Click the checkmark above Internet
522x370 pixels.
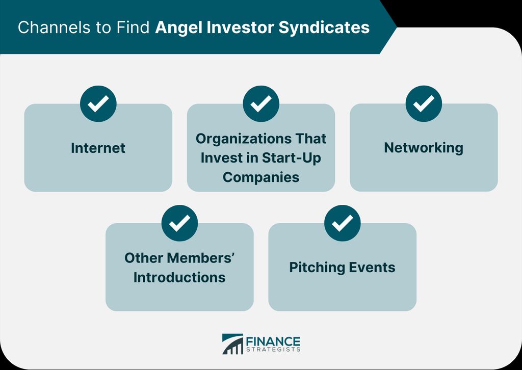click(x=98, y=103)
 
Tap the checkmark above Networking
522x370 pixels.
click(x=424, y=103)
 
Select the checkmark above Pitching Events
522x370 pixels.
click(x=342, y=223)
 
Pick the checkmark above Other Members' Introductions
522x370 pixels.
click(x=179, y=223)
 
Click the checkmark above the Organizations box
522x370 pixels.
click(x=261, y=103)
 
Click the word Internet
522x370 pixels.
click(x=98, y=148)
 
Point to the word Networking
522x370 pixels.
click(x=424, y=148)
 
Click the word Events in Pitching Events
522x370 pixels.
click(x=369, y=268)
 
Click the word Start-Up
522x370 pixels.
click(x=291, y=157)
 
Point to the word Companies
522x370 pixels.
click(x=261, y=177)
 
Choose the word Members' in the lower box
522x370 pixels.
click(x=201, y=258)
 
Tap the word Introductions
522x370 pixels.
click(x=179, y=277)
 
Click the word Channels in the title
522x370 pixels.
click(x=54, y=28)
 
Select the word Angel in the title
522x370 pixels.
click(x=178, y=28)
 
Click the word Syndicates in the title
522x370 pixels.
click(x=324, y=28)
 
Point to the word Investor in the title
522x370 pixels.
click(x=240, y=28)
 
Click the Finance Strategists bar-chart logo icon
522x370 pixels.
click(x=232, y=344)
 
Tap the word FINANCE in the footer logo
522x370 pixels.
click(x=273, y=342)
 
